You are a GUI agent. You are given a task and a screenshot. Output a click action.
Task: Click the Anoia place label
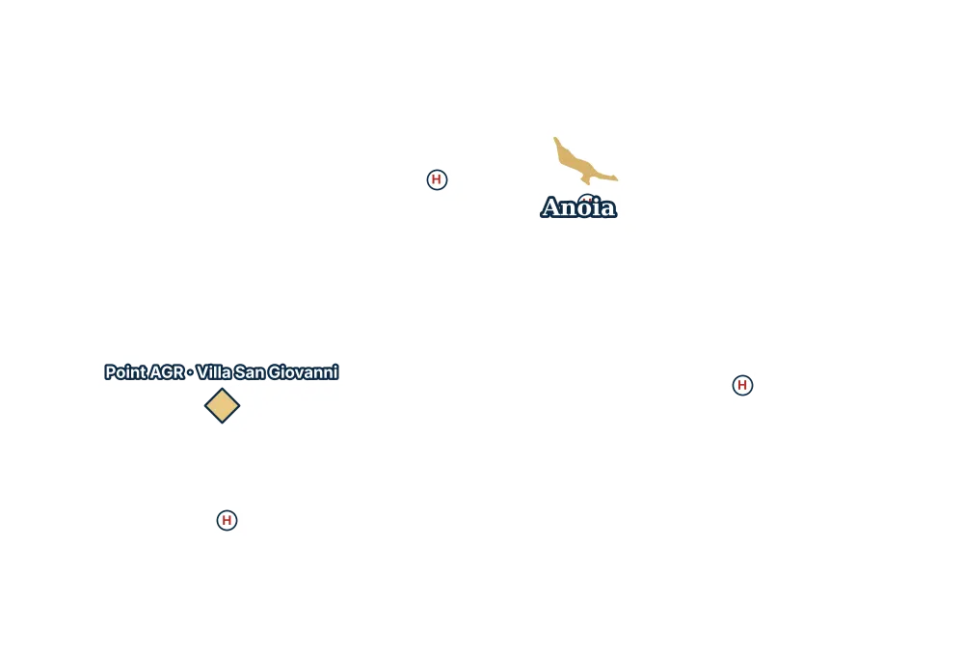pos(578,207)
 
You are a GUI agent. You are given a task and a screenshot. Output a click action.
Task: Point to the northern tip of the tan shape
pos(555,138)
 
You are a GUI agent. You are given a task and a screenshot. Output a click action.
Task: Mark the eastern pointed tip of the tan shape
pos(617,179)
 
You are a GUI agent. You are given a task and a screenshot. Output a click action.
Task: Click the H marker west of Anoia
pos(437,179)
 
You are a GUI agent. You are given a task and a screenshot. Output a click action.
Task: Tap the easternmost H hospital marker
pos(742,385)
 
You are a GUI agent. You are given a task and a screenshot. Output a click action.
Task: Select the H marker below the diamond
pos(227,521)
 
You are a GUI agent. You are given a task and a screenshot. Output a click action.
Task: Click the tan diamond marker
pos(222,405)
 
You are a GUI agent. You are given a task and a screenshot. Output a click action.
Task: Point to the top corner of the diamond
pos(222,389)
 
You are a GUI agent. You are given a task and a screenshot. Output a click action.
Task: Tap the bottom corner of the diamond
pos(222,424)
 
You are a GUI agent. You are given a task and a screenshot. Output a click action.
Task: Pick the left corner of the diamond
pos(204,405)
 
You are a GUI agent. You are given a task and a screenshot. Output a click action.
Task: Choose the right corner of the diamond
pos(240,405)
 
